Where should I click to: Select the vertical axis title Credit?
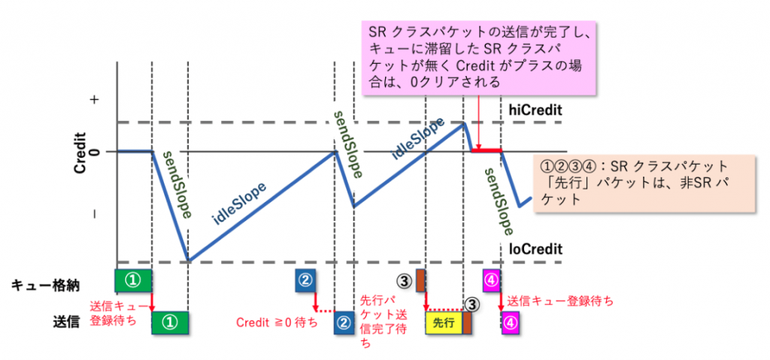[80, 153]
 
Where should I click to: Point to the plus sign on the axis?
[93, 99]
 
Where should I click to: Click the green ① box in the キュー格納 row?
[132, 280]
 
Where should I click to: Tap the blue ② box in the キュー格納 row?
[305, 280]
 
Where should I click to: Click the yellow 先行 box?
[444, 322]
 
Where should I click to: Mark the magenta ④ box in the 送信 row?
[510, 322]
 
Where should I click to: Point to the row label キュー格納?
[44, 283]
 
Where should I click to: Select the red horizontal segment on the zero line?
[487, 151]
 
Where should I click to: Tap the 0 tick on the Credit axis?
[93, 152]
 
